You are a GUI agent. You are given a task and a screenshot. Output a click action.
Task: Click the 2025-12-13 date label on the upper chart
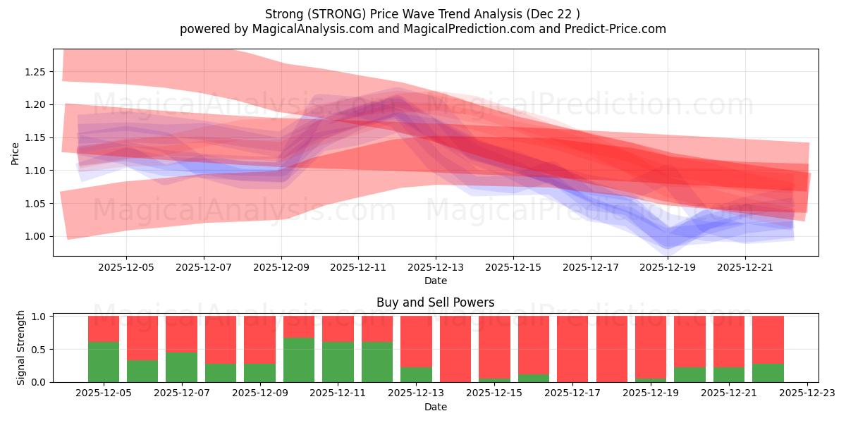(436, 267)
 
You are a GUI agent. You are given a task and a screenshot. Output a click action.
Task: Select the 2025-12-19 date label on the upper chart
(668, 267)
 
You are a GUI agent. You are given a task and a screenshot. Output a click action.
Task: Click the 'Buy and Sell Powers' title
(435, 302)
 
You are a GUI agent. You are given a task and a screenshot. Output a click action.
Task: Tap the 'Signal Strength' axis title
(21, 348)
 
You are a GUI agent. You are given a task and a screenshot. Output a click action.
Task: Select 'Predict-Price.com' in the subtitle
(618, 29)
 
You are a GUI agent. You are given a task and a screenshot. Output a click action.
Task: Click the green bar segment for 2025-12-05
(104, 362)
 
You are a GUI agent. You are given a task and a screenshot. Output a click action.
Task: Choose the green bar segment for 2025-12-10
(299, 360)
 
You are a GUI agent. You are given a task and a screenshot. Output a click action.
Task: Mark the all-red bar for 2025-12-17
(572, 349)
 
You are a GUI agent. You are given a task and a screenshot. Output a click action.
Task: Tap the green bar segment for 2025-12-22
(768, 372)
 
